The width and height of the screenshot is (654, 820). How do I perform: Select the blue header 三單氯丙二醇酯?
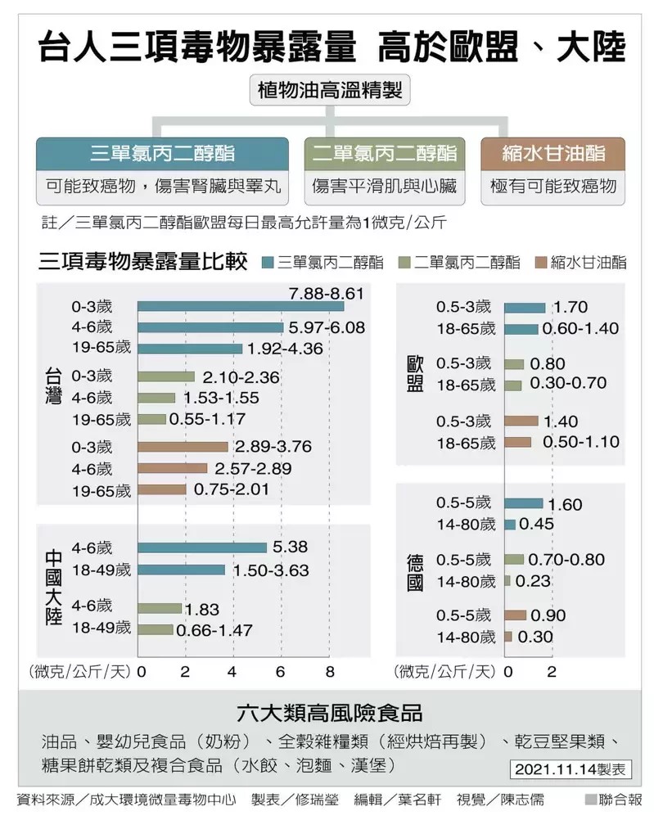[162, 154]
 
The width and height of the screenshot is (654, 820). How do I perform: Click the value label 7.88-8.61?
[326, 292]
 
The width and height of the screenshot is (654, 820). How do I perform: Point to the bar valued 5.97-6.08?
[210, 327]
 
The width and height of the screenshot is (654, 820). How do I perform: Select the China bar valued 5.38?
[202, 547]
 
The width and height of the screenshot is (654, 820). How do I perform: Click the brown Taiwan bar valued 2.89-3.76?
[183, 447]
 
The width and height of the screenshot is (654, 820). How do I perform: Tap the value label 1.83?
[202, 609]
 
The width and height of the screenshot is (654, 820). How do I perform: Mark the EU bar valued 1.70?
[525, 308]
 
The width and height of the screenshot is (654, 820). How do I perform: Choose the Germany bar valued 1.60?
[523, 503]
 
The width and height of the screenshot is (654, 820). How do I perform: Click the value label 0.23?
[533, 581]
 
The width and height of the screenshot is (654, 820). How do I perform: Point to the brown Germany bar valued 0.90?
[515, 615]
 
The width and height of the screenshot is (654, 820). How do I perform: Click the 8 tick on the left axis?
[330, 672]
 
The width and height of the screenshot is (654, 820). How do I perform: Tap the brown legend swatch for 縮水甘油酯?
[539, 263]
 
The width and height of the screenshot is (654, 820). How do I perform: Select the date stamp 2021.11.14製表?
[572, 769]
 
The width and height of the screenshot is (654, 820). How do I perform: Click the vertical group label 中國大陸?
[53, 578]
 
